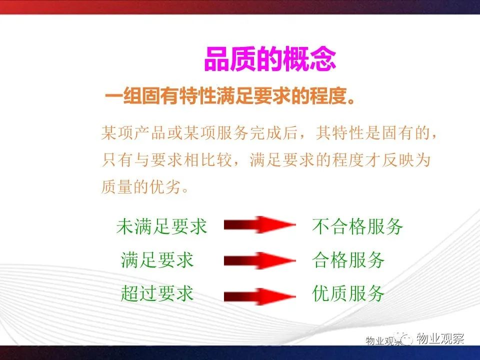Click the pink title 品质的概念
coord(270,59)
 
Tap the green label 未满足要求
coord(161,226)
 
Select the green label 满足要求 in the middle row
coord(157,260)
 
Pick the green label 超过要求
coord(157,293)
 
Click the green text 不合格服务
coord(357,226)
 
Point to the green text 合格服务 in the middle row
coord(348,260)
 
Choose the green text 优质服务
coord(348,293)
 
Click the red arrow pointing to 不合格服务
coord(260,225)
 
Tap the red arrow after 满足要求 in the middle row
coord(260,261)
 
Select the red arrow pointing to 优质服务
coord(260,296)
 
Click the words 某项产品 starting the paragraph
coord(133,133)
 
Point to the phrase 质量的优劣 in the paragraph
coord(141,186)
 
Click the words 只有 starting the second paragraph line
coord(117,160)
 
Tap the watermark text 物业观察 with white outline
coord(440,339)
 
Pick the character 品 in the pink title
coord(216,59)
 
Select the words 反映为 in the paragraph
coord(406,160)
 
